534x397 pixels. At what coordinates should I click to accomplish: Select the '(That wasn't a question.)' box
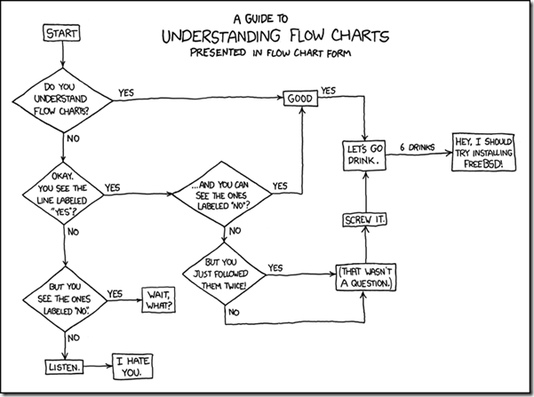point(364,278)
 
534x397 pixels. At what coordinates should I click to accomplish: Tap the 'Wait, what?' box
point(153,299)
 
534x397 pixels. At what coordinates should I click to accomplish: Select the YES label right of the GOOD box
point(329,91)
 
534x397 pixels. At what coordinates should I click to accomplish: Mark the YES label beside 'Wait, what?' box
point(116,293)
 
